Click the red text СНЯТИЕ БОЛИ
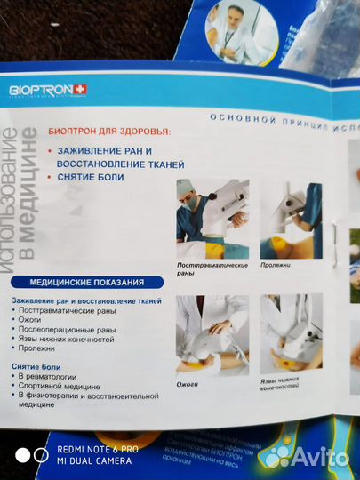point(91,177)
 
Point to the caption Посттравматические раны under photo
point(204,269)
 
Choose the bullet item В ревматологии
point(52,377)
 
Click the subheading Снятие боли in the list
point(36,366)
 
